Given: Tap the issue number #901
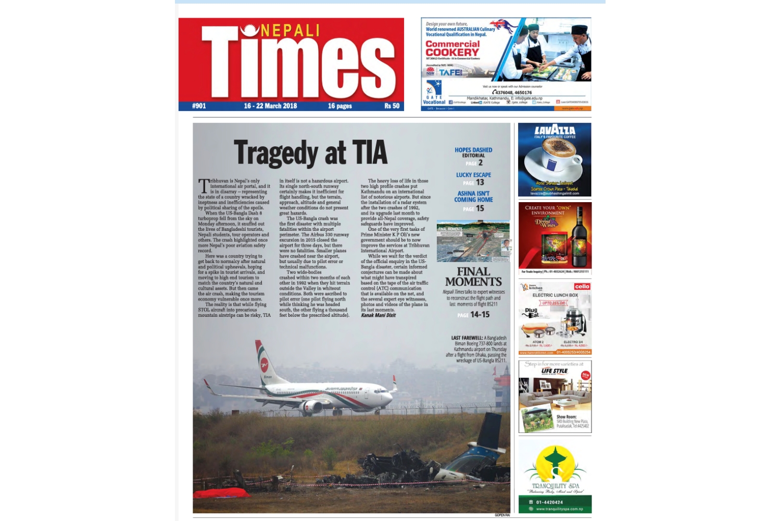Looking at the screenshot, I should click(x=199, y=106).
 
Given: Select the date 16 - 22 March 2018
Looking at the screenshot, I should click(x=270, y=106).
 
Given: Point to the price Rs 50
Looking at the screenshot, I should click(x=392, y=106).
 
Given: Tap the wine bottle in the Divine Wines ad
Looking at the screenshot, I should click(x=576, y=239).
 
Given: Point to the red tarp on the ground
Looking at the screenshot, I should click(x=221, y=493).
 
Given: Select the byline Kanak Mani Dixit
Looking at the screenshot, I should click(x=378, y=315).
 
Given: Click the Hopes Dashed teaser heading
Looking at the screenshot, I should click(x=473, y=150).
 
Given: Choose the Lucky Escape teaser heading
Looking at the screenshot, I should click(x=473, y=175).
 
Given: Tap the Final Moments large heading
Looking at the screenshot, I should click(x=473, y=277).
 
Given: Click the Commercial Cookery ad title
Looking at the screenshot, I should click(x=452, y=48).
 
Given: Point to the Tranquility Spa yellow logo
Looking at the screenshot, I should click(x=555, y=464).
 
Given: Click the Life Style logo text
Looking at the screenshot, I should click(x=554, y=371).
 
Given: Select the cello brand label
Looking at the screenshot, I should click(x=582, y=287).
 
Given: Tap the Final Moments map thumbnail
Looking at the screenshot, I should click(x=473, y=241).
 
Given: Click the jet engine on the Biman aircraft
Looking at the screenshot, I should click(x=312, y=407).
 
